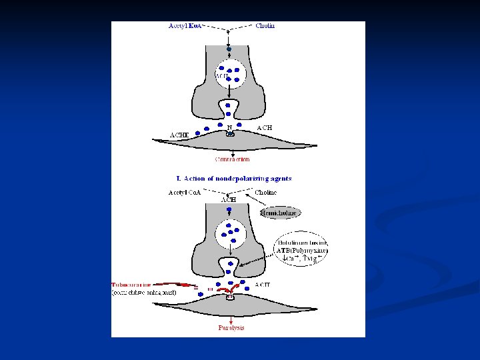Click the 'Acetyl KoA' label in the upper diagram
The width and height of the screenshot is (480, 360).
186,26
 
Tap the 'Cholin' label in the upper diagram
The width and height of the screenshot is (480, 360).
265,26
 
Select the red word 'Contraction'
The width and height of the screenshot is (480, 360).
232,159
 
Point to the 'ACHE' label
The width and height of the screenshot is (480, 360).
179,135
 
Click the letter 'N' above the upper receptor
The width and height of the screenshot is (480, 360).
230,127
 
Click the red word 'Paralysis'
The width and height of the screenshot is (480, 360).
231,328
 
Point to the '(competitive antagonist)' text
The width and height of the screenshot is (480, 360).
143,292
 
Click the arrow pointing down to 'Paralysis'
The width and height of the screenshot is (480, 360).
230,316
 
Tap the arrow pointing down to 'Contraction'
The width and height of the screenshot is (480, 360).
230,147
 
